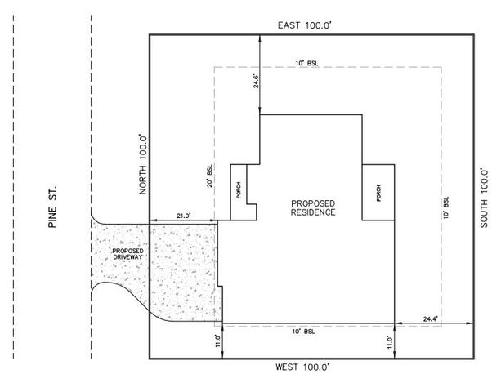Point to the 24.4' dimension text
431,318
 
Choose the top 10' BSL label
307,62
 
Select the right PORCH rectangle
377,192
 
